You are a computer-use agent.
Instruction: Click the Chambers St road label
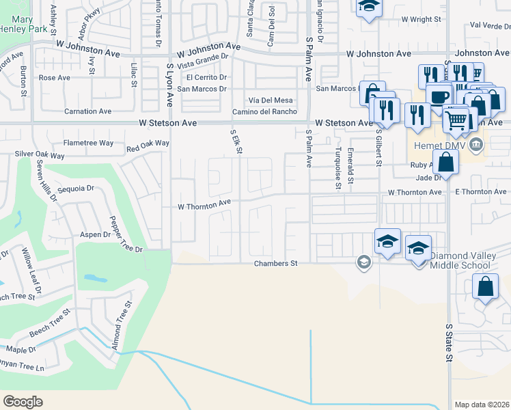coord(276,263)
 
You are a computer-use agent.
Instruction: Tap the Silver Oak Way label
coord(40,154)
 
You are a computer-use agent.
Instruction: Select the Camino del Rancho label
coord(264,112)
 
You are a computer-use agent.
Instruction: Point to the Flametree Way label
coord(88,143)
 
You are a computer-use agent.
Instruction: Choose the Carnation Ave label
coord(87,111)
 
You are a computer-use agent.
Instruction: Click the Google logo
coord(23,402)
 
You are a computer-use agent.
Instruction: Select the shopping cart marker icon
coord(455,120)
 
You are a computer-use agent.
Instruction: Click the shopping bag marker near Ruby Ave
coord(445,163)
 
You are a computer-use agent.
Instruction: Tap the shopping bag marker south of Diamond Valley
coord(484,287)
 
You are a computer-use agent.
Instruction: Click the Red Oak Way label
coord(148,143)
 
